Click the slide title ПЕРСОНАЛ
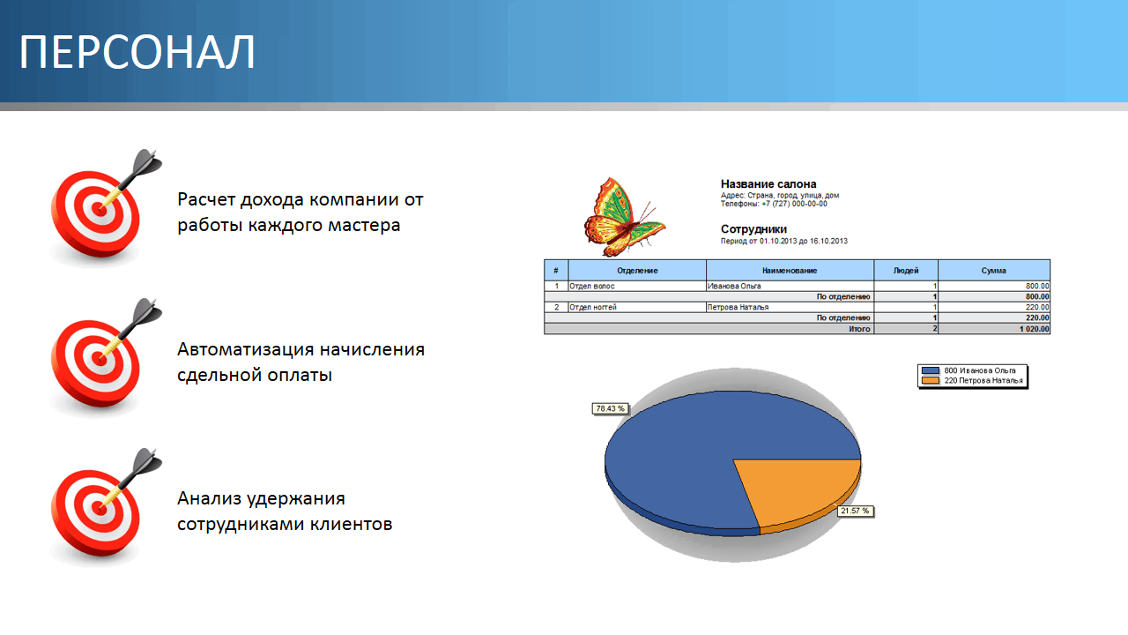click(x=137, y=52)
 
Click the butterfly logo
click(x=625, y=217)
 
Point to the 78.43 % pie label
click(x=610, y=408)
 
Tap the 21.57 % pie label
click(x=855, y=511)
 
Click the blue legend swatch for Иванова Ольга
click(x=930, y=370)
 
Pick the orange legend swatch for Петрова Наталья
click(x=930, y=380)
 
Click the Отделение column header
click(x=637, y=271)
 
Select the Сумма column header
click(x=993, y=271)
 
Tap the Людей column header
click(x=905, y=271)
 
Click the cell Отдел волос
click(x=591, y=287)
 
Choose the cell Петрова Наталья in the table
click(x=738, y=308)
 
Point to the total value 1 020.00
click(x=1035, y=329)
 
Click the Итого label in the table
click(x=859, y=329)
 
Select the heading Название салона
click(x=768, y=184)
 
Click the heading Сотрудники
click(x=753, y=229)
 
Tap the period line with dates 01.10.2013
click(x=784, y=242)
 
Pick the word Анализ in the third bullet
click(x=210, y=498)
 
